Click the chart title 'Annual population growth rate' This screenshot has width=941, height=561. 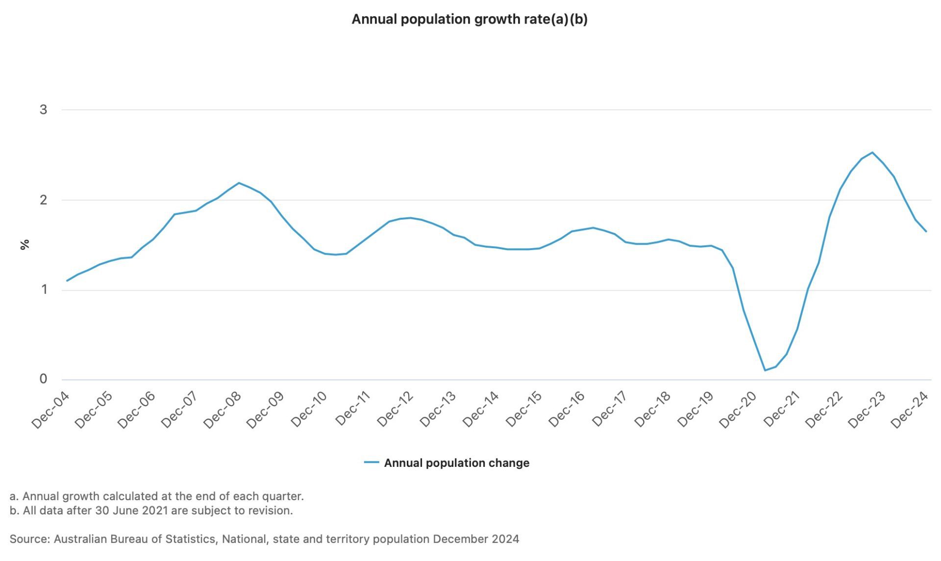pos(469,20)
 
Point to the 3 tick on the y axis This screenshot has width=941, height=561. pos(44,109)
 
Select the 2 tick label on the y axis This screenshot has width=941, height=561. pos(44,200)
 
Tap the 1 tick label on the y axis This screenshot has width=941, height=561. pos(44,289)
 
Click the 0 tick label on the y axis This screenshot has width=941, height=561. pos(44,379)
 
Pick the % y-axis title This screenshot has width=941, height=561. pos(25,244)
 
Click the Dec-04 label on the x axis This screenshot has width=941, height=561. pos(50,410)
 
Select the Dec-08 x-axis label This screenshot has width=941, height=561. pos(222,410)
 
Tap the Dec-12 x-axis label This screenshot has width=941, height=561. pos(395,410)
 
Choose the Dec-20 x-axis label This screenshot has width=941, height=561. pos(738,410)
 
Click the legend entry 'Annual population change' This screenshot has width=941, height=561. pos(456,463)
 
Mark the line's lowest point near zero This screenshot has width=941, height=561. pos(765,370)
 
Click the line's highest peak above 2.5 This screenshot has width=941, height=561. pos(872,153)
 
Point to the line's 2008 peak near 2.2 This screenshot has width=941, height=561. pos(239,183)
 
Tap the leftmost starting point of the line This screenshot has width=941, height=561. pos(67,280)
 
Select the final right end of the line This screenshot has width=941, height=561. pos(926,231)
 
